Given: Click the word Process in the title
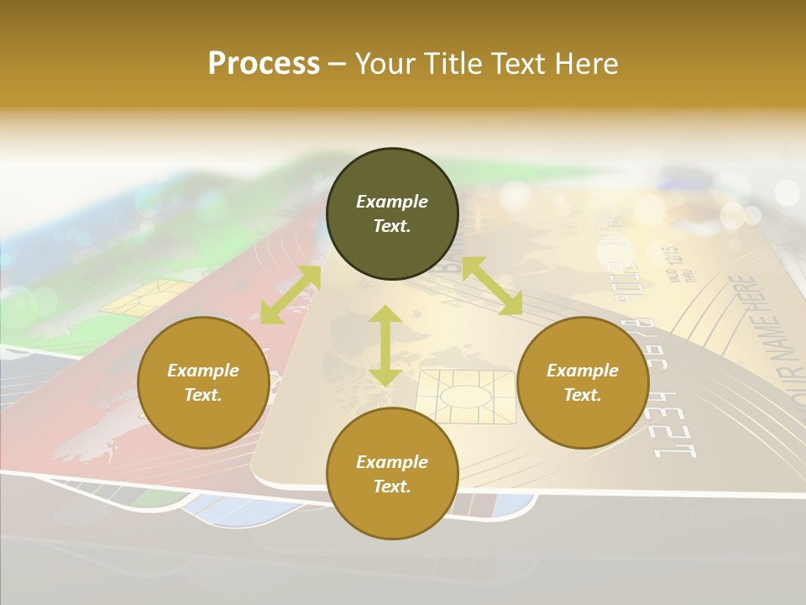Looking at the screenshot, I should [x=264, y=63].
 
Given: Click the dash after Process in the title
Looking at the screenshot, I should [x=337, y=65].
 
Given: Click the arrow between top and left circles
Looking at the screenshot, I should [x=290, y=295].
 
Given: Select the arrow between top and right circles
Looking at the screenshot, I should [x=492, y=287].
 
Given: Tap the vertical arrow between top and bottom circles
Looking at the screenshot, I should [x=385, y=345].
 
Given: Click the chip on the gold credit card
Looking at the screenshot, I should [x=467, y=397].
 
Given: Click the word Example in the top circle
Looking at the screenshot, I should [x=392, y=202].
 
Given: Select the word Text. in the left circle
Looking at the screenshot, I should [x=203, y=395].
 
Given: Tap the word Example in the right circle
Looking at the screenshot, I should [x=583, y=371].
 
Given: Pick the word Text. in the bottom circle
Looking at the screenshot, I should [x=392, y=487].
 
